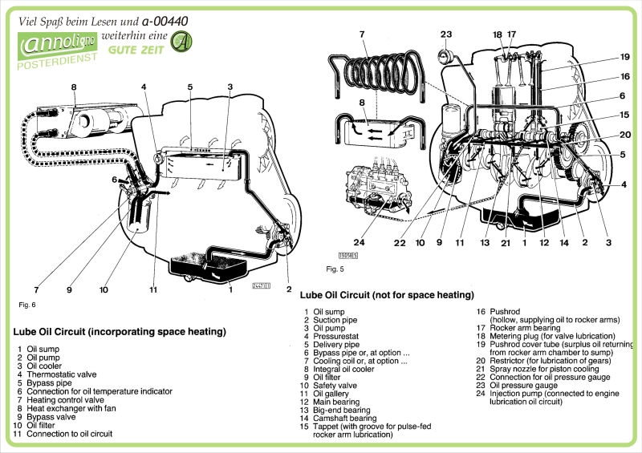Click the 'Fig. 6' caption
coord(27,305)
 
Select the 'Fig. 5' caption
coord(335,269)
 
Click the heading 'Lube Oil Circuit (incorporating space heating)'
coord(120,331)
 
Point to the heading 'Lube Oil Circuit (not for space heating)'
coord(387,295)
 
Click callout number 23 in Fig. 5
coord(446,34)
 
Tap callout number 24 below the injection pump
coord(360,243)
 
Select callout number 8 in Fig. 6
coord(73,87)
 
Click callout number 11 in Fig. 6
coord(153,289)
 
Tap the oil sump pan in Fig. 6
coord(210,265)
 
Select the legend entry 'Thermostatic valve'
coord(61,374)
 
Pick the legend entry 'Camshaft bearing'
coord(344,418)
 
